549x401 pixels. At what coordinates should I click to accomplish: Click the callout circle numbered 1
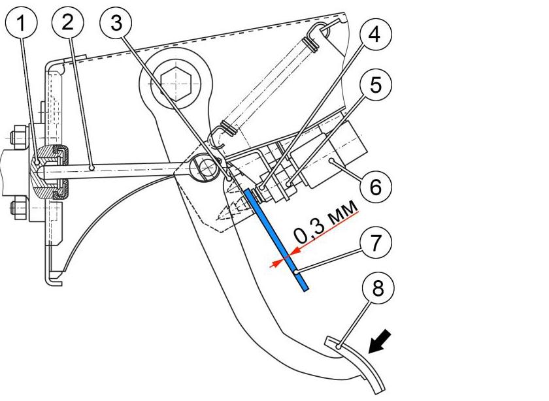[x=22, y=23]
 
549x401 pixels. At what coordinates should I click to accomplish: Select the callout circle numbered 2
[x=68, y=22]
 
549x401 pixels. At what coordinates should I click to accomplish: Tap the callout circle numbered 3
[x=116, y=23]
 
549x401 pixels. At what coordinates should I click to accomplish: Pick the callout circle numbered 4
[x=374, y=35]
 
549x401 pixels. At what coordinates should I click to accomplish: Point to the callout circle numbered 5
[x=376, y=85]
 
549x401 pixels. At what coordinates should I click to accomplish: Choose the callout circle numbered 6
[x=376, y=187]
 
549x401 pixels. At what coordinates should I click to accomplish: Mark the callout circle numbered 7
[x=376, y=242]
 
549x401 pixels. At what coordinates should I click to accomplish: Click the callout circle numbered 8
[x=378, y=289]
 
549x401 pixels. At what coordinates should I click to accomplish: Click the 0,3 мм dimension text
[x=325, y=223]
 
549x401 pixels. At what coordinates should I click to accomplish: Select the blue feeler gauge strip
[x=276, y=240]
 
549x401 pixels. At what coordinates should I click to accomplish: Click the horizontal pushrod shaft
[x=116, y=169]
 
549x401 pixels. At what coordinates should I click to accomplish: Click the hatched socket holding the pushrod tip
[x=46, y=172]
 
